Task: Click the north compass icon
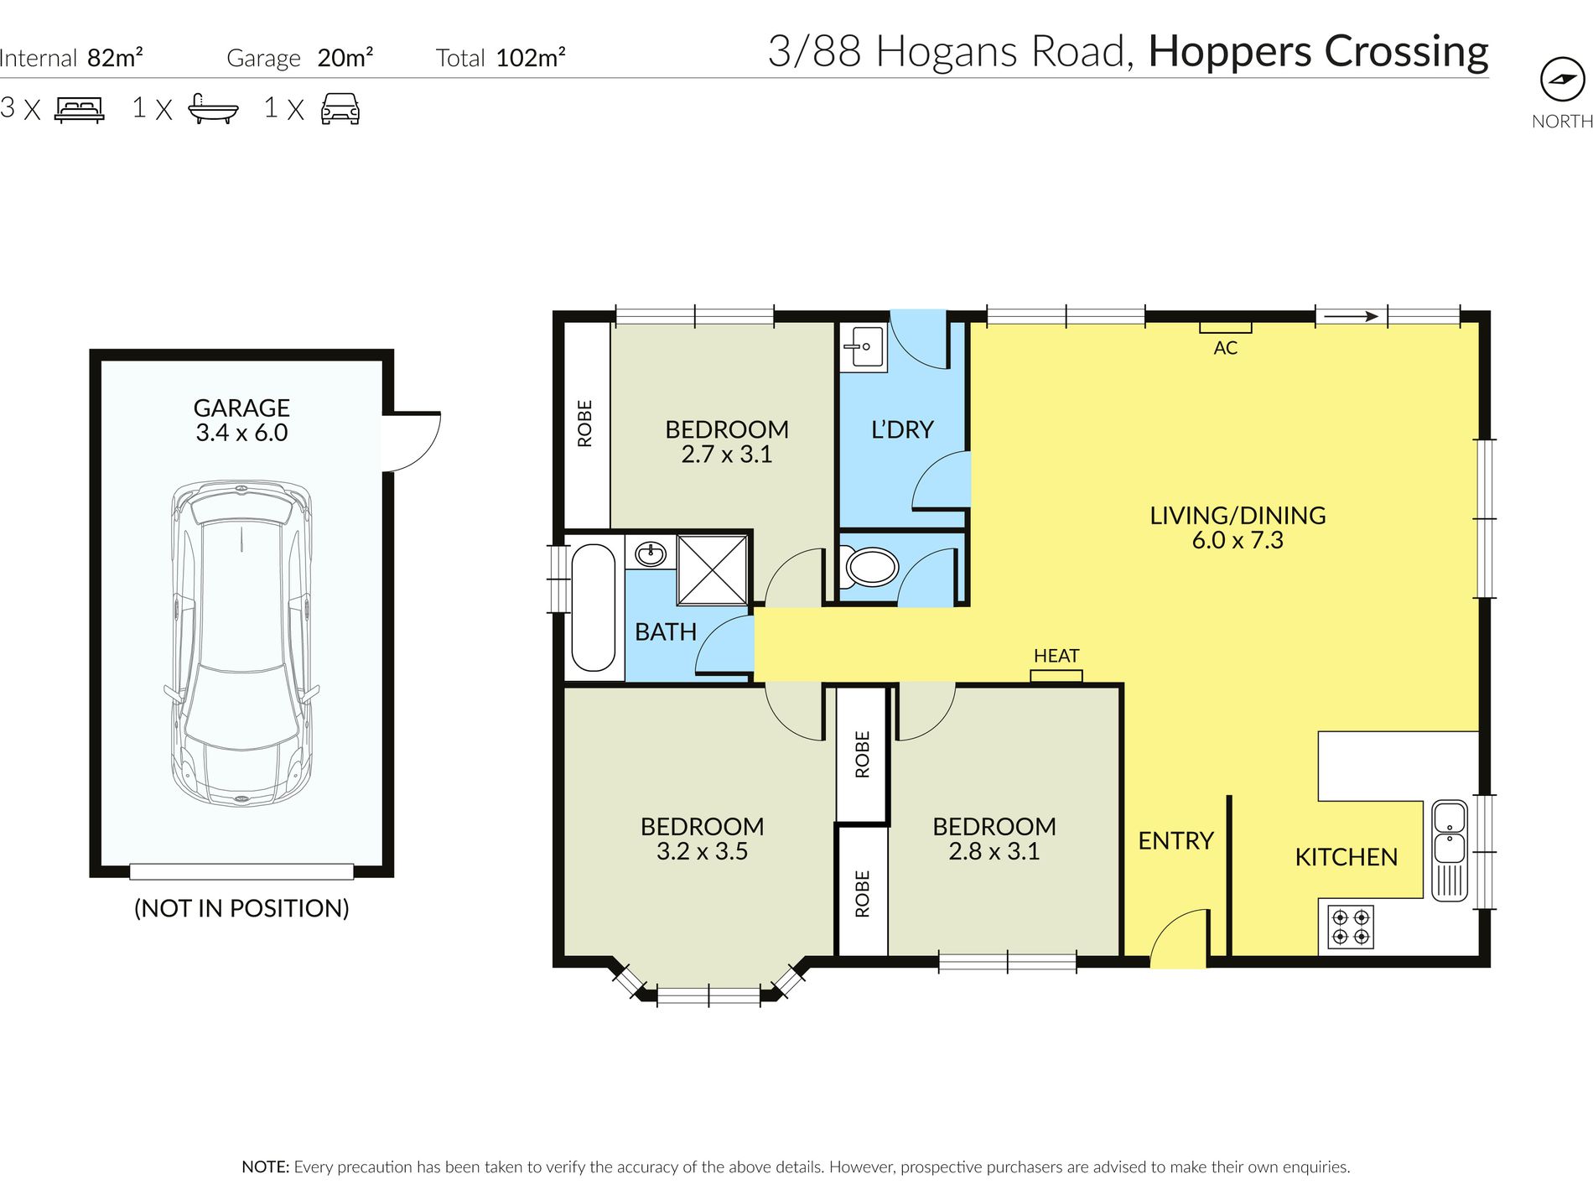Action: (1562, 80)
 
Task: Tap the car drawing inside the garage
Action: (241, 644)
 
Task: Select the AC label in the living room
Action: (1225, 348)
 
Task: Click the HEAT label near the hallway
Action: (1056, 656)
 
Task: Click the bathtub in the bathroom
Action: (593, 608)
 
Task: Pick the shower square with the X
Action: (712, 569)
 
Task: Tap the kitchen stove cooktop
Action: (1350, 927)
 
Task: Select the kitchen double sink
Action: (1449, 850)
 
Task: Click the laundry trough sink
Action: (863, 347)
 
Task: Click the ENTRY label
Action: (1175, 840)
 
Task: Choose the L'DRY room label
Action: (902, 429)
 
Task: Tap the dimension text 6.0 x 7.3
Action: (1238, 540)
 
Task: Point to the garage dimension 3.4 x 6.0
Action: (241, 433)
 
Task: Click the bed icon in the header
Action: (80, 110)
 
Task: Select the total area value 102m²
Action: (531, 57)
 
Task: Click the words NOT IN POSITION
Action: (241, 908)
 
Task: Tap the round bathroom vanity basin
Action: (651, 553)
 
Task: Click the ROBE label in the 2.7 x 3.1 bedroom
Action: (585, 423)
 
